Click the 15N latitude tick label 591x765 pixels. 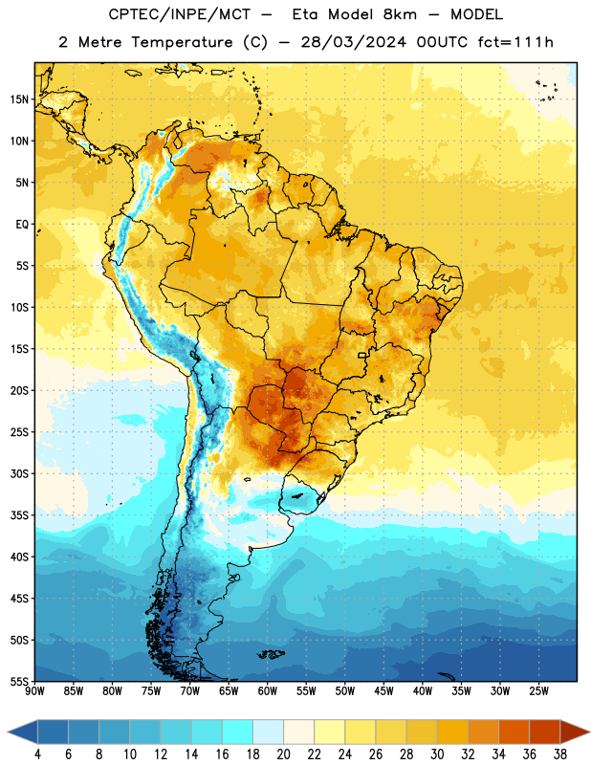tap(19, 99)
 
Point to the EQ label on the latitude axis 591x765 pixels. tap(22, 225)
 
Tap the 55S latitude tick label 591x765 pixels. tap(19, 681)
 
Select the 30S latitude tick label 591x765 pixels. tap(19, 473)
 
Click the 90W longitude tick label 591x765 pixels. tap(34, 691)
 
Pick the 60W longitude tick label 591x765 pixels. tap(268, 691)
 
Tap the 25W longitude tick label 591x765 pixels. tap(538, 691)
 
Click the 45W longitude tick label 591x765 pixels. tap(383, 691)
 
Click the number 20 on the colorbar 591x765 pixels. tap(283, 754)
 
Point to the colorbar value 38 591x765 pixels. tap(560, 754)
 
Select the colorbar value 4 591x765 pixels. tap(37, 754)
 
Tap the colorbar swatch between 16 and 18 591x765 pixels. tap(238, 732)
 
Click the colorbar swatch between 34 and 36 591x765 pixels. tap(514, 732)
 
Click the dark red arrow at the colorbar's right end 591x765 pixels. tap(574, 732)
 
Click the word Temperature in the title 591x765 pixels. tap(182, 42)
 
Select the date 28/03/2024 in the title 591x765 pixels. tap(353, 42)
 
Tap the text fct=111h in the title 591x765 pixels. tap(514, 42)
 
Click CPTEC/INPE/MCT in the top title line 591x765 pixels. tap(179, 14)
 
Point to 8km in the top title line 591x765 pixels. tap(400, 14)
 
